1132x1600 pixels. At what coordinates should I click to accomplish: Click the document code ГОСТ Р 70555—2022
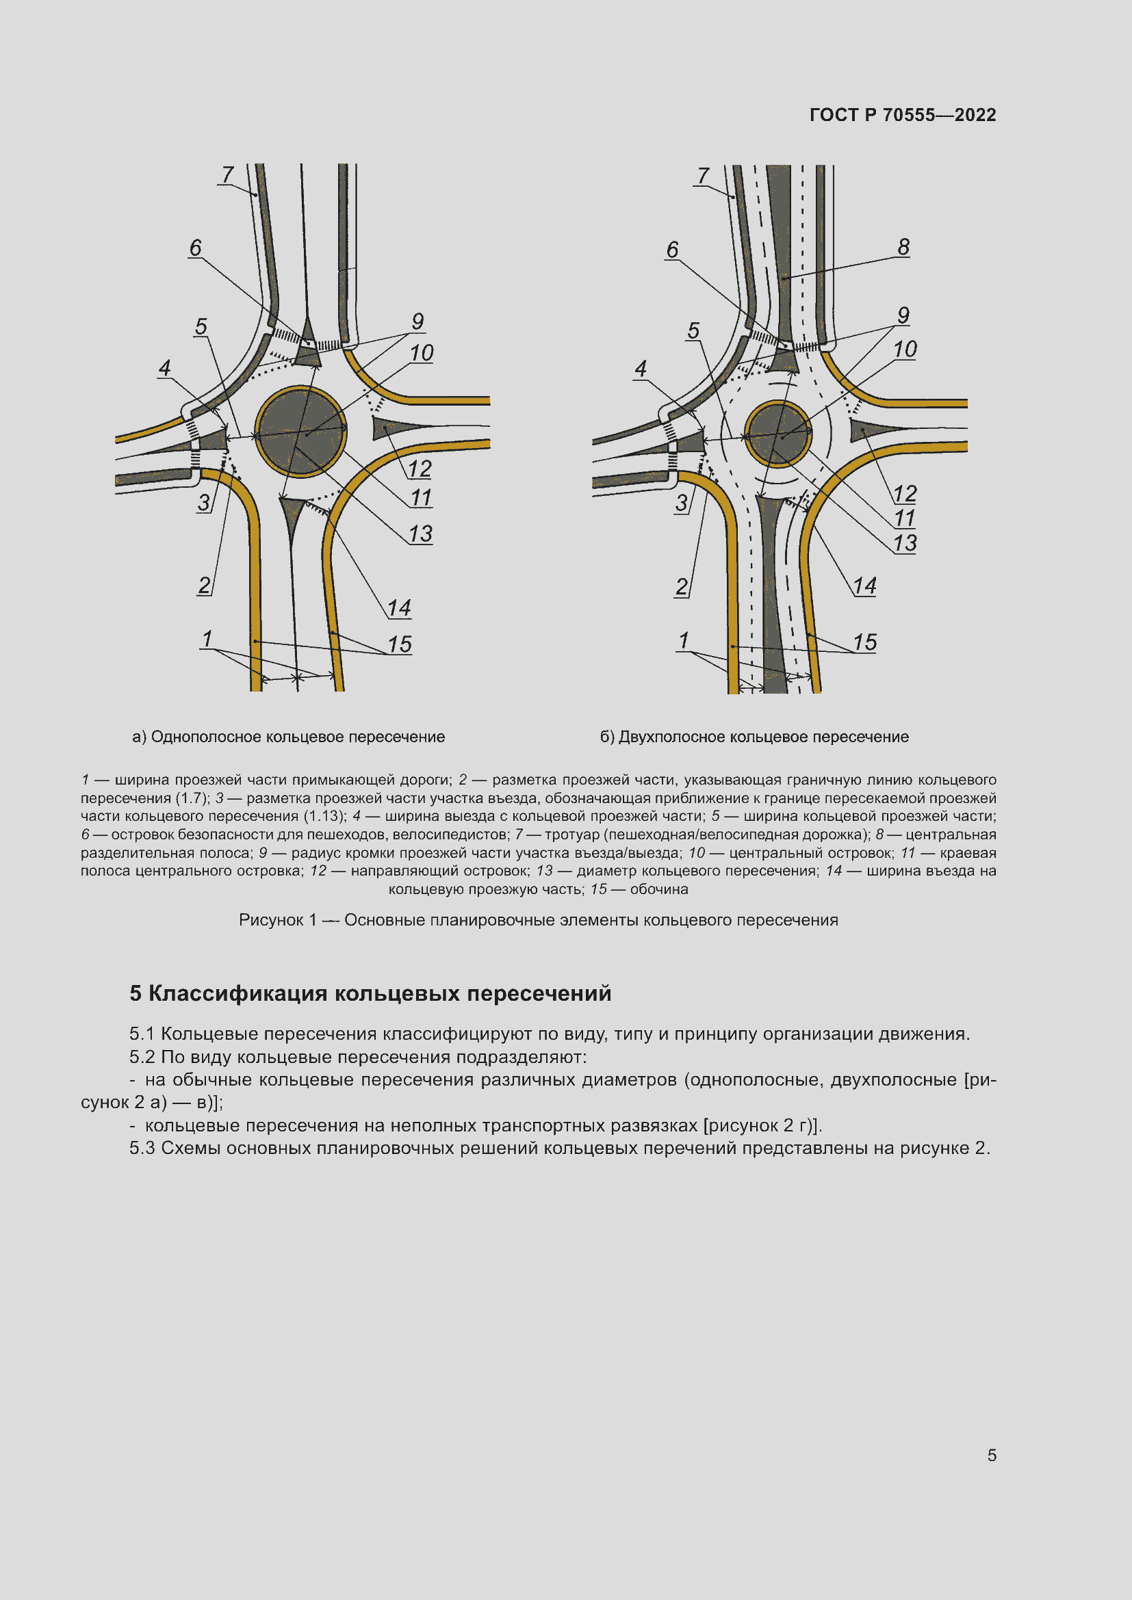point(902,115)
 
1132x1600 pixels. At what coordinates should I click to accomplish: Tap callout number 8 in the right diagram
point(903,247)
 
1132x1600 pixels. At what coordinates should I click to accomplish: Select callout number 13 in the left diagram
point(420,534)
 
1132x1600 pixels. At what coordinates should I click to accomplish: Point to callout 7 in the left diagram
point(227,174)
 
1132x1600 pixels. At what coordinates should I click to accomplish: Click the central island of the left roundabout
point(300,432)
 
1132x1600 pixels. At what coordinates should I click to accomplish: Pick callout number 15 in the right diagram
point(864,642)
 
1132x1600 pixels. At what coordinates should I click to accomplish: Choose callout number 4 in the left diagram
point(164,368)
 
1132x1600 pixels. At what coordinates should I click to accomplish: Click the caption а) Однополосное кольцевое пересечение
point(288,737)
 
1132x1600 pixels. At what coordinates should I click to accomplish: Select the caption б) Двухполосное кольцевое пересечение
point(754,737)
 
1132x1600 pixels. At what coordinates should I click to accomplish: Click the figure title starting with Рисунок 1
point(538,920)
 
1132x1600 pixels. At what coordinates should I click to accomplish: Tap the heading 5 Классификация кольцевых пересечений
point(370,993)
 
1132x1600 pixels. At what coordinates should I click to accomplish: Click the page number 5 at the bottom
point(991,1455)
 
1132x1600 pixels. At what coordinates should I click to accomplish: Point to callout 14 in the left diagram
point(399,607)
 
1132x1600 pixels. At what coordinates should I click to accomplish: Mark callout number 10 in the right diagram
point(905,349)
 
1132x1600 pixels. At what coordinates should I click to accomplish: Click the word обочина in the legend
point(658,889)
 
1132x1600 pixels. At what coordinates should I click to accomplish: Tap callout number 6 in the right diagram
point(672,250)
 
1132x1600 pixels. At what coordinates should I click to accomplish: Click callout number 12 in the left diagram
point(420,469)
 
